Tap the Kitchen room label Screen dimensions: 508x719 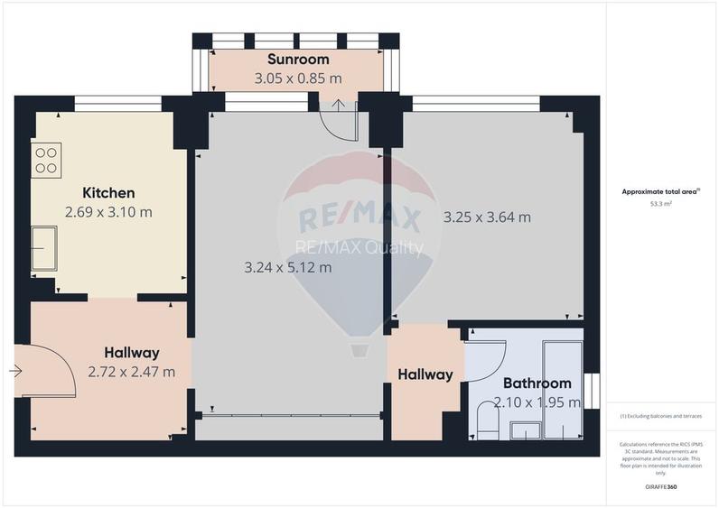[108, 193]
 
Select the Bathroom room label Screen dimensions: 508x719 [537, 383]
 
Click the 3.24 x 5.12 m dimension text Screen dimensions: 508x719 [288, 267]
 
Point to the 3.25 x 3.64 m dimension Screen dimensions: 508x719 [487, 217]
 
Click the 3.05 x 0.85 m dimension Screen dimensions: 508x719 [298, 79]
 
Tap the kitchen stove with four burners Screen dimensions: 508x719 [45, 161]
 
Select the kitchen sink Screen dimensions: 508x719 [43, 247]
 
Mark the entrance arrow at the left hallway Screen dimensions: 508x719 [16, 370]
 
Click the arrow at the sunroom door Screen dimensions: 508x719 [339, 106]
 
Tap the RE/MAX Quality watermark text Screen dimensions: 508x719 [359, 247]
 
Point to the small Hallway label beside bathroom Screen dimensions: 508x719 [425, 374]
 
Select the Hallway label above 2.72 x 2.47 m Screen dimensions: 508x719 [131, 352]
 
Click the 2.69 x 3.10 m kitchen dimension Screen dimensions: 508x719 [108, 212]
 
